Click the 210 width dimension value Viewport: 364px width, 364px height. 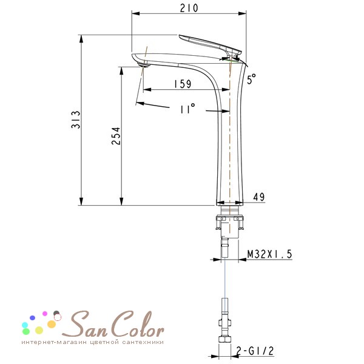pyautogui.click(x=189, y=8)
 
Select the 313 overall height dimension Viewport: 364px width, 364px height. pyautogui.click(x=76, y=120)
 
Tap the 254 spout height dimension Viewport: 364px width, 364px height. pyautogui.click(x=116, y=136)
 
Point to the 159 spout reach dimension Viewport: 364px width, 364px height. pyautogui.click(x=183, y=84)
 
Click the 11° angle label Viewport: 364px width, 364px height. pyautogui.click(x=187, y=109)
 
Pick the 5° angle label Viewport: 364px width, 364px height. pyautogui.click(x=251, y=79)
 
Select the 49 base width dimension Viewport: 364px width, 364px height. pyautogui.click(x=259, y=197)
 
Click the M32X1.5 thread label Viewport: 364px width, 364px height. pyautogui.click(x=269, y=254)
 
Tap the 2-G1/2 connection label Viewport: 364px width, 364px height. pyautogui.click(x=255, y=351)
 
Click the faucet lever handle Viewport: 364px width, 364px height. pyautogui.click(x=210, y=44)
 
